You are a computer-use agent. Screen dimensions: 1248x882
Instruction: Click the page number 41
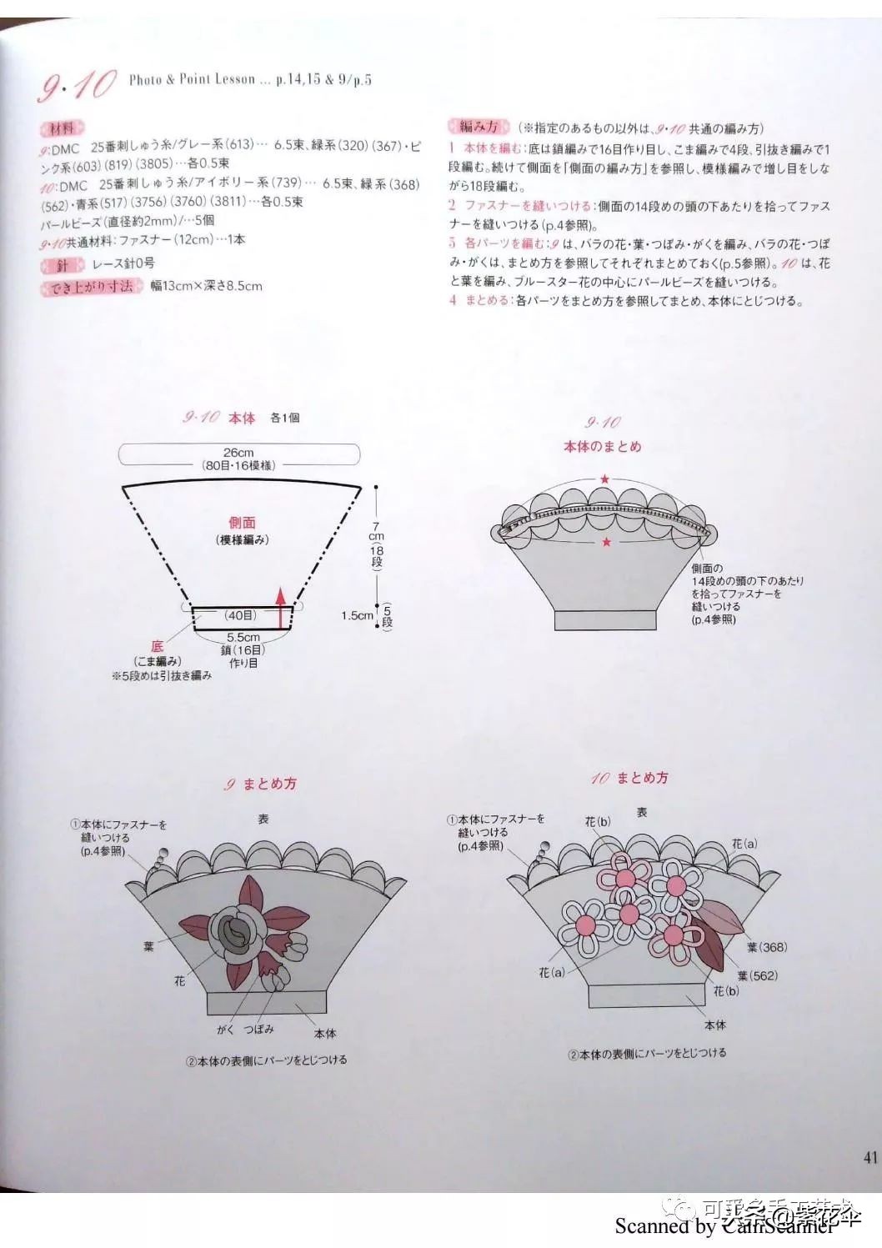870,1156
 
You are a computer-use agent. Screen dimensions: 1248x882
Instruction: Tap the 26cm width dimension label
238,453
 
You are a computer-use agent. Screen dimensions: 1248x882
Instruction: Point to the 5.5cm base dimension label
243,637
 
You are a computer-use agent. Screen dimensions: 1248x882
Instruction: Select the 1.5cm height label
357,615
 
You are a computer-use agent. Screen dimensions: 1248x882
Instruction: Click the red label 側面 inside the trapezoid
242,523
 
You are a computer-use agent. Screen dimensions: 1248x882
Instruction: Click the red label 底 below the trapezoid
157,646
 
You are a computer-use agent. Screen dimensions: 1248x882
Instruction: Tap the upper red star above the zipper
605,479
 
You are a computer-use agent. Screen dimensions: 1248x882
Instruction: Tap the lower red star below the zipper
606,543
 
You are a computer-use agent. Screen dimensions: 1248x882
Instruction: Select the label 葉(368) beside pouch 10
767,947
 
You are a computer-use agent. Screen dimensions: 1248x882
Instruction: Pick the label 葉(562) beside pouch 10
757,975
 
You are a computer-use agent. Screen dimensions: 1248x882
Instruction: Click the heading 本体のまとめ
602,447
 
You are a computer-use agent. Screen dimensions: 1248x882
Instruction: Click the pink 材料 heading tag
62,128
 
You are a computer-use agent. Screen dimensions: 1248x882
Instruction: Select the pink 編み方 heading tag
479,127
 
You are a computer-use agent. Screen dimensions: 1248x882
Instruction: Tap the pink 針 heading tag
63,265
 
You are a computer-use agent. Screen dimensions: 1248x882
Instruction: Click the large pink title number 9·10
77,85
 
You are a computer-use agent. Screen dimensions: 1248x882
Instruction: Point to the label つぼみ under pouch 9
259,1030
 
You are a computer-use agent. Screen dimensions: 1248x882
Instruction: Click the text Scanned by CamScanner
724,1226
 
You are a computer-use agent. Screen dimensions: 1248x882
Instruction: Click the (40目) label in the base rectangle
240,615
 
